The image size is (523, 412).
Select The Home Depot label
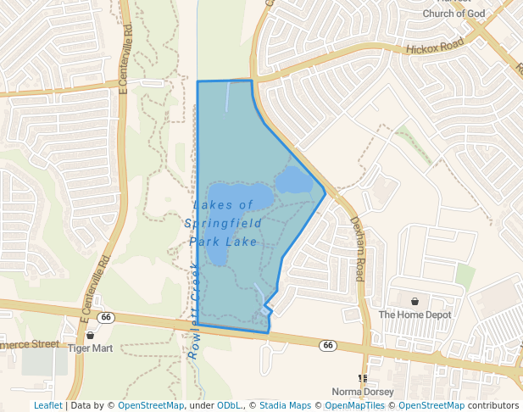(x=415, y=315)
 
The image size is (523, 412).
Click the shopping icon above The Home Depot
(x=415, y=302)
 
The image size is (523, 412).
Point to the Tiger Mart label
(x=90, y=348)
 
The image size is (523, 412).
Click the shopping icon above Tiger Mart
(x=90, y=336)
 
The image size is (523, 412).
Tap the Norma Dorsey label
(x=362, y=392)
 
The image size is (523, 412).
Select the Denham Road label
(x=359, y=248)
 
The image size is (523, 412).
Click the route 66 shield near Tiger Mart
(x=105, y=317)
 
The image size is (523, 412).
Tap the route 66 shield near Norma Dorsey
(x=327, y=346)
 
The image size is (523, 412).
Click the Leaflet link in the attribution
(x=47, y=405)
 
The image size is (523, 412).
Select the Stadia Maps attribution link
(x=285, y=405)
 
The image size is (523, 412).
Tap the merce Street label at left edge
(x=30, y=344)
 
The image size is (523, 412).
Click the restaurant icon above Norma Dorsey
(x=362, y=378)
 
